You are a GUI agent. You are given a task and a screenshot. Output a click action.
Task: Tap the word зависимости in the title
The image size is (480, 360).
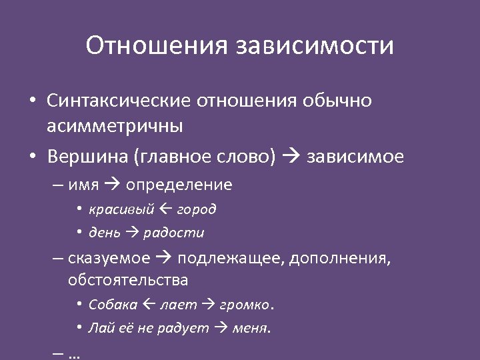315,46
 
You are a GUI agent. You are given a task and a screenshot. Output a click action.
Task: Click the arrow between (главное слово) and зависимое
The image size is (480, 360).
291,157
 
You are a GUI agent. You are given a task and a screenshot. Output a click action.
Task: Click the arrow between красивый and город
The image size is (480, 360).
167,209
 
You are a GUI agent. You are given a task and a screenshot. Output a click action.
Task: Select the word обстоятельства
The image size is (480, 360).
128,280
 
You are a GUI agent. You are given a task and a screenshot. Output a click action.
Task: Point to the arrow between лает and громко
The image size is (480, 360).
208,305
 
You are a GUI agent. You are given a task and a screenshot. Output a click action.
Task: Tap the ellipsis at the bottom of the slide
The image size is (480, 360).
74,353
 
